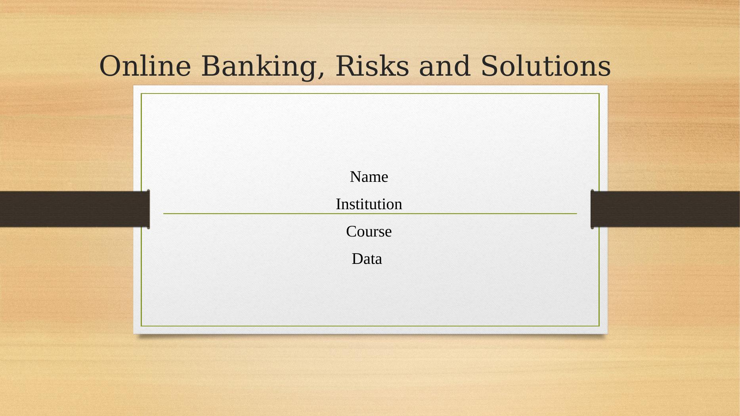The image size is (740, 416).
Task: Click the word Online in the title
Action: coord(145,66)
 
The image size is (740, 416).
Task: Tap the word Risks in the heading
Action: coord(372,66)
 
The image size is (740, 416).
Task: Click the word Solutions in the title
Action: coord(546,66)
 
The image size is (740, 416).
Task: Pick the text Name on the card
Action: coord(369,177)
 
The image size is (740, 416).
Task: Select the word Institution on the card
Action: coord(369,204)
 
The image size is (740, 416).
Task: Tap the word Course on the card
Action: coord(369,231)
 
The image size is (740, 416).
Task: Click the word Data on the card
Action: coord(367,259)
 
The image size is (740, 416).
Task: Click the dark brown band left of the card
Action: coord(74,209)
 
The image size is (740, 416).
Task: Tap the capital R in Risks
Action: coord(346,66)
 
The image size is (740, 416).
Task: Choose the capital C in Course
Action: coord(351,231)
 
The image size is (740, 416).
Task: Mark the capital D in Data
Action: coord(357,259)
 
